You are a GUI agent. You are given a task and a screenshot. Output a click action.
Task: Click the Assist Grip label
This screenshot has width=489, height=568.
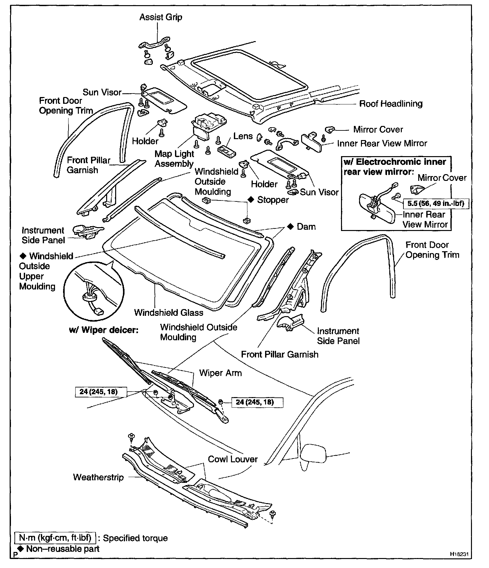(161, 17)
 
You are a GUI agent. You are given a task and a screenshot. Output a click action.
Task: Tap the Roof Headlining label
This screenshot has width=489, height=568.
(391, 104)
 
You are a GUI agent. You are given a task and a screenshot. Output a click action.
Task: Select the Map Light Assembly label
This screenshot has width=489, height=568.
(174, 159)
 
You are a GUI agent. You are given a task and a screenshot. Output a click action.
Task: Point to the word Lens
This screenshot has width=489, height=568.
(243, 136)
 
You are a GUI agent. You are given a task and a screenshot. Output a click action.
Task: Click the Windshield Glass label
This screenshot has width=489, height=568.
(169, 313)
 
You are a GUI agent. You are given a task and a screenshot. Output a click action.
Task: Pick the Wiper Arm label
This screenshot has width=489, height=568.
(220, 373)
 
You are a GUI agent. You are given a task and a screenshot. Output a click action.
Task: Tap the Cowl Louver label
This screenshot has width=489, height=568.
(233, 459)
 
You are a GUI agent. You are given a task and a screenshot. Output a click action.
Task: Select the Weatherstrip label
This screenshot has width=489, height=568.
(98, 477)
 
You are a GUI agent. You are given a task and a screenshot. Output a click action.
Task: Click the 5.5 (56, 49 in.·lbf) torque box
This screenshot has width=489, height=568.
(436, 203)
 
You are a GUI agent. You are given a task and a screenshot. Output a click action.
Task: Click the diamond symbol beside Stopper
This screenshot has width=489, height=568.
(252, 200)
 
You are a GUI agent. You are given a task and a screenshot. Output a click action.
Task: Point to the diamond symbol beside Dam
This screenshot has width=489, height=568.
(291, 227)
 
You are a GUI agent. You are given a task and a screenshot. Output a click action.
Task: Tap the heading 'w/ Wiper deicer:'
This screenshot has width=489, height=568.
(104, 330)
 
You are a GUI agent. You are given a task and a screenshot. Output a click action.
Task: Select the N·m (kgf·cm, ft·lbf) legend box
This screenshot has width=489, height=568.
(56, 538)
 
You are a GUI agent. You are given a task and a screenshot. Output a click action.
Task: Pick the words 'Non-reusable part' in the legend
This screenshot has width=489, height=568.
(63, 549)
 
